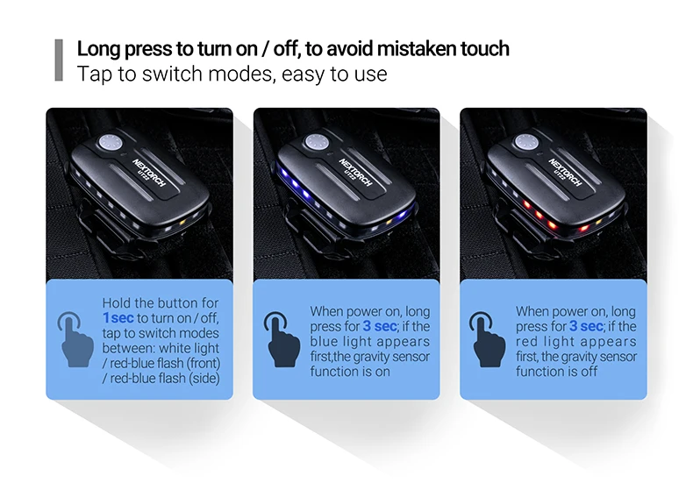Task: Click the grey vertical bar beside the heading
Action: (x=59, y=60)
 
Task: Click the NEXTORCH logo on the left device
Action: (x=149, y=172)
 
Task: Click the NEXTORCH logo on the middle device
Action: (x=356, y=172)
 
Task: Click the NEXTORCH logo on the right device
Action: (x=565, y=172)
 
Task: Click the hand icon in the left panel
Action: (x=75, y=339)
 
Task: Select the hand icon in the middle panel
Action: (x=282, y=339)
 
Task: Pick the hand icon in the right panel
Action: (x=488, y=339)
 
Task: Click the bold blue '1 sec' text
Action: (x=118, y=318)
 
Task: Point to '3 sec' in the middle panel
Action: (x=380, y=326)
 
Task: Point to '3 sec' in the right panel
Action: (x=586, y=326)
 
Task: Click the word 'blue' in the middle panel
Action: (x=324, y=341)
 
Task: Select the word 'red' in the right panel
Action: (x=526, y=341)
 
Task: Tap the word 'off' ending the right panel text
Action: (x=589, y=372)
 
